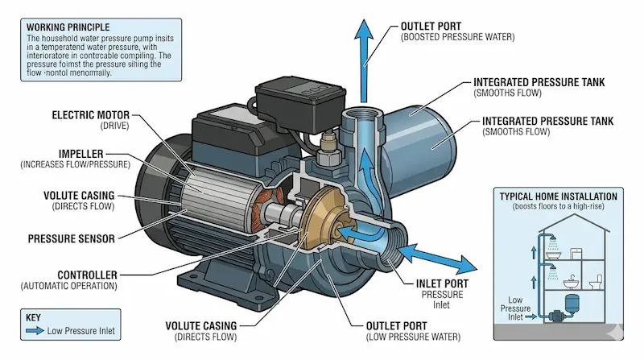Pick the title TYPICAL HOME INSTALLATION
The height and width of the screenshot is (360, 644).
coord(558,196)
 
